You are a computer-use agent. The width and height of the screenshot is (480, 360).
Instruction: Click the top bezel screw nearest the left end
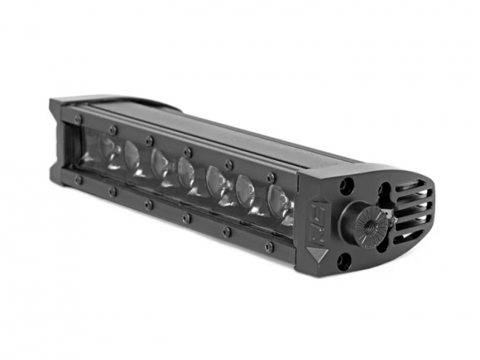[78, 118]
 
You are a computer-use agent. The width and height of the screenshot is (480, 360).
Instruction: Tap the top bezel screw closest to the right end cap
[271, 178]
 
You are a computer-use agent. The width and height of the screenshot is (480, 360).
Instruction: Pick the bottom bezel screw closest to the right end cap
[268, 246]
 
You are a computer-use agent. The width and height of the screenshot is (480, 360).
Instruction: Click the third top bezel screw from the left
[149, 139]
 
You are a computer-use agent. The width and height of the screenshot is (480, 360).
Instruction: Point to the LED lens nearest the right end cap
[279, 200]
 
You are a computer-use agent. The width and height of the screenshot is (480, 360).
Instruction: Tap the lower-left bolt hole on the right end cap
[345, 260]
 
